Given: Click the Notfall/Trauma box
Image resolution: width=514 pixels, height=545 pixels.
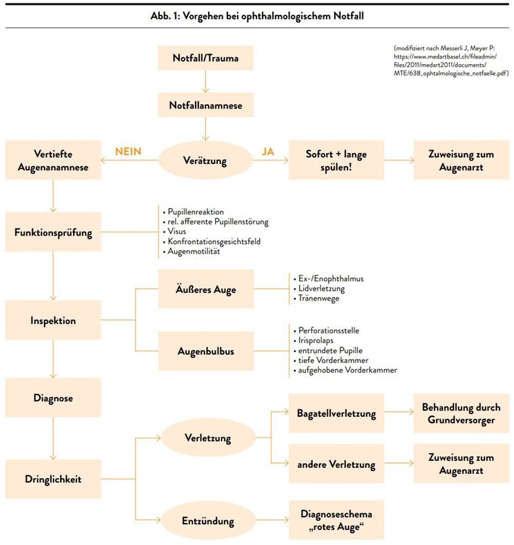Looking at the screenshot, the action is pyautogui.click(x=206, y=58).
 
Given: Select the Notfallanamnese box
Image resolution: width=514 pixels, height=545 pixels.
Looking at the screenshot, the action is pyautogui.click(x=206, y=105).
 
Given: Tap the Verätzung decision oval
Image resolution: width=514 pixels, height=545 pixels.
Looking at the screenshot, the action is pyautogui.click(x=206, y=161).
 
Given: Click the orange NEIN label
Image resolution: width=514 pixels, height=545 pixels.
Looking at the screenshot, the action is pyautogui.click(x=128, y=152).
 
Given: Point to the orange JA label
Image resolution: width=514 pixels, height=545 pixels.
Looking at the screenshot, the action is pyautogui.click(x=268, y=152).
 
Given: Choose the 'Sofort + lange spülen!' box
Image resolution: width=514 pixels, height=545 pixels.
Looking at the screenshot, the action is pyautogui.click(x=336, y=160).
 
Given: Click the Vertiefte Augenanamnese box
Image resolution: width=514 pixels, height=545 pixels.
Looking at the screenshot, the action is pyautogui.click(x=53, y=160).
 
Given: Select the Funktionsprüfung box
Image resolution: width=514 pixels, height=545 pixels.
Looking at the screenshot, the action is pyautogui.click(x=53, y=232).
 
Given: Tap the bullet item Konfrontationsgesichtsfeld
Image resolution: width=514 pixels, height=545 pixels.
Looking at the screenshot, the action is pyautogui.click(x=214, y=241).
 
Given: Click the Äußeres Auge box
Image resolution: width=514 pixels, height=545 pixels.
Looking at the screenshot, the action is pyautogui.click(x=206, y=289).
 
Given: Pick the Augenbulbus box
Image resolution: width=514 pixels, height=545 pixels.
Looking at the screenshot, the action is pyautogui.click(x=206, y=351).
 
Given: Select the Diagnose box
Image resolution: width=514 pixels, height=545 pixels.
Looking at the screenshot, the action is pyautogui.click(x=53, y=398).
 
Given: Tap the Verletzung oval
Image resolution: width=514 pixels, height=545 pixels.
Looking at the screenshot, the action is pyautogui.click(x=208, y=438).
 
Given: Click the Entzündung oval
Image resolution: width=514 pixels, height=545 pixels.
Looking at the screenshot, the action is pyautogui.click(x=208, y=520).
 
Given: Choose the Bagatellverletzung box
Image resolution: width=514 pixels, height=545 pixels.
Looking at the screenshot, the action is pyautogui.click(x=336, y=413).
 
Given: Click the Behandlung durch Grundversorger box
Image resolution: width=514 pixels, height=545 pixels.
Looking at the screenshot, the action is pyautogui.click(x=461, y=413).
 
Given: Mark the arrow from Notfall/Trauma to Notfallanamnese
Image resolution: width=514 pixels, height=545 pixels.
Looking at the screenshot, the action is pyautogui.click(x=206, y=81).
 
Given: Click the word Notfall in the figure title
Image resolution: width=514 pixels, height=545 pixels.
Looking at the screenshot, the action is pyautogui.click(x=349, y=16).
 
